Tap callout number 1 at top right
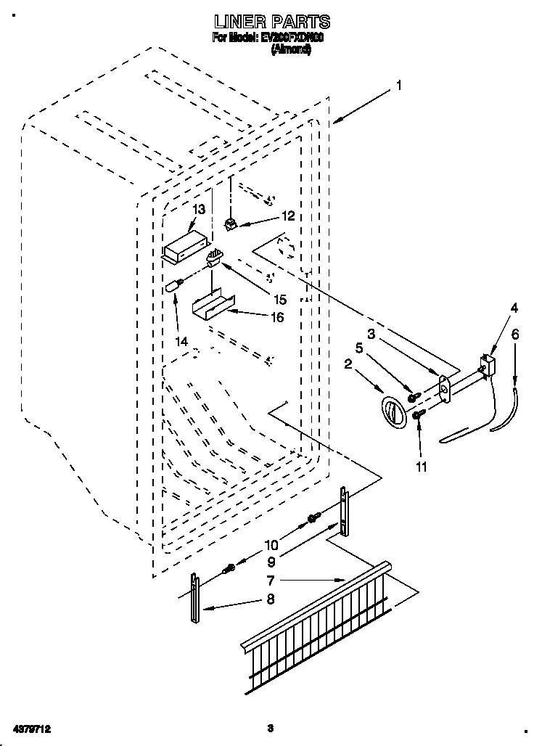click(x=398, y=86)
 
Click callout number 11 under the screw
click(x=422, y=467)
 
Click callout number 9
click(x=270, y=560)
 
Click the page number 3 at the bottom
click(x=269, y=727)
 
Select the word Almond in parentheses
click(x=291, y=51)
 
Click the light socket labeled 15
click(x=214, y=258)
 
